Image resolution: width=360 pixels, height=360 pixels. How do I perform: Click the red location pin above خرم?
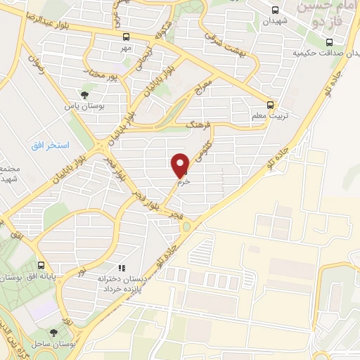coord(181,165)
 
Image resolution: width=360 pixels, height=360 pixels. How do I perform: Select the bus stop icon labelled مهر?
coord(126,37)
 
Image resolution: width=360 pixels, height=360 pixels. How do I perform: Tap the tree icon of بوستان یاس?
coord(85,94)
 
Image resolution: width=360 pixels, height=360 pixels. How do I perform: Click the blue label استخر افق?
coord(49,145)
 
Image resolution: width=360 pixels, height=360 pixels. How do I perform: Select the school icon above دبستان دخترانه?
coord(122,268)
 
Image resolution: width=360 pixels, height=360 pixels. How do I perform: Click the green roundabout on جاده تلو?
coord(186,226)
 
